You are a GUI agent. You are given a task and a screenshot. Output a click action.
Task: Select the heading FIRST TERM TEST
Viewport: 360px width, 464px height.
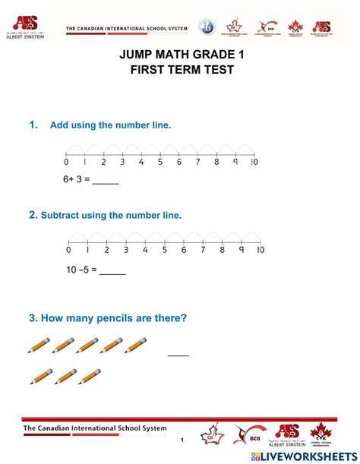182,70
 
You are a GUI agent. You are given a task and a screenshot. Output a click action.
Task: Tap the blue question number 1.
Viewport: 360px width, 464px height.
33,125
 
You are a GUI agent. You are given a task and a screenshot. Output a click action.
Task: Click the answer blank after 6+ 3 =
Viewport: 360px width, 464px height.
106,181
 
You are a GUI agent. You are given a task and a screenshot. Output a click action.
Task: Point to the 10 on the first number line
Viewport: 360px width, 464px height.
254,162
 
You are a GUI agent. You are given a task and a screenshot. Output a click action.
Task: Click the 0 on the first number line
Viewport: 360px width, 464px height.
66,162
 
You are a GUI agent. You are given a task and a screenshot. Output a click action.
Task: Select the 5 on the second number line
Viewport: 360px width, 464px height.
164,250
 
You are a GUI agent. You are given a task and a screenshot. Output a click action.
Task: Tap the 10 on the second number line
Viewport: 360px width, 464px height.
260,250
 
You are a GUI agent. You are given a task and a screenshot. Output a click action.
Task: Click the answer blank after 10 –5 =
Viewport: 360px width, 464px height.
112,269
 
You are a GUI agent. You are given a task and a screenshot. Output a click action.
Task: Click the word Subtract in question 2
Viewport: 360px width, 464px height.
62,215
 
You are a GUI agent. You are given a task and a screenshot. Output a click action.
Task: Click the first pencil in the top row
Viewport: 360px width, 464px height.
39,346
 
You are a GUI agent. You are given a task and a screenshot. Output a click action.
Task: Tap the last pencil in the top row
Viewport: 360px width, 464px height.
136,346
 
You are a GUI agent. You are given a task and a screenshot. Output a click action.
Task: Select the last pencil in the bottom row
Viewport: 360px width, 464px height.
90,375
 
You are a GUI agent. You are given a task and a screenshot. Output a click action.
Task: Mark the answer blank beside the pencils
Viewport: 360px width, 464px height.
178,353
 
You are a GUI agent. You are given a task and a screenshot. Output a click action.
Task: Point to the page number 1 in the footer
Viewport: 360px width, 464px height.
182,440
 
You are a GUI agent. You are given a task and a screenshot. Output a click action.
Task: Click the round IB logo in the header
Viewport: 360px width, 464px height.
207,27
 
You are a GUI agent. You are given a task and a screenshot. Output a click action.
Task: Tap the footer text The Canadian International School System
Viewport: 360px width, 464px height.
94,428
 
